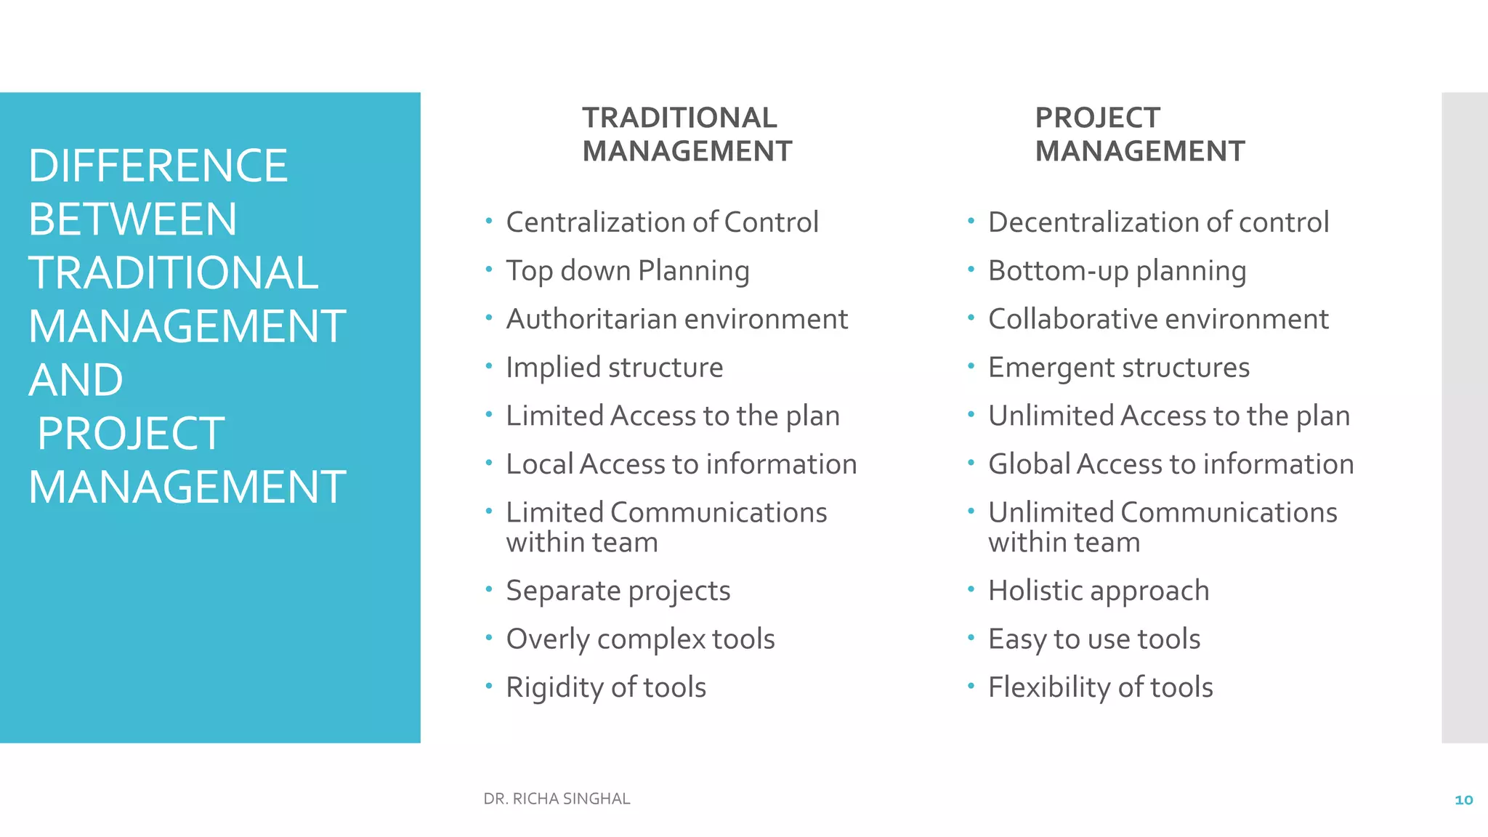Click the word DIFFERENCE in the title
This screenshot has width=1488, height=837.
click(x=158, y=166)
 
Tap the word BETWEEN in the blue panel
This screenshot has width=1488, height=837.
click(x=132, y=219)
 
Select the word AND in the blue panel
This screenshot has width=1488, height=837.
click(x=76, y=380)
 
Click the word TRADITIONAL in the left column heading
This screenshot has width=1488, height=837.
click(x=679, y=118)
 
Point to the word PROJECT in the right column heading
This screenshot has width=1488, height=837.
click(x=1097, y=118)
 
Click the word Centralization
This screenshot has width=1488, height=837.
click(x=595, y=222)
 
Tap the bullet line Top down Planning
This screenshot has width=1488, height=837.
click(x=627, y=271)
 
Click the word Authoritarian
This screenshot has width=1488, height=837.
click(x=591, y=319)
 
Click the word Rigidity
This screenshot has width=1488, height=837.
click(x=554, y=687)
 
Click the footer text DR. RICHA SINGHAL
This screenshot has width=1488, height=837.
click(x=557, y=799)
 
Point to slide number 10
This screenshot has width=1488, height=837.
click(x=1463, y=800)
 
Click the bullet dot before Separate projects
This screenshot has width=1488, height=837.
click(x=489, y=588)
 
